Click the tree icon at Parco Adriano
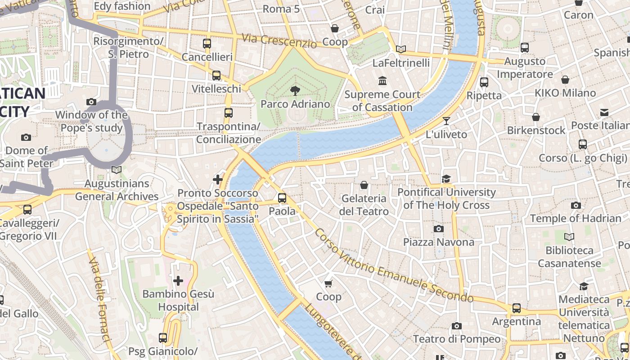click(295, 91)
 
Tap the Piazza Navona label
click(438, 242)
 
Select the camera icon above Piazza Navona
click(438, 229)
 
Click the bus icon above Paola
click(282, 198)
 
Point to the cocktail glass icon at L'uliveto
click(446, 121)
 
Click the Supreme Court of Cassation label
click(382, 101)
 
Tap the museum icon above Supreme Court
click(382, 81)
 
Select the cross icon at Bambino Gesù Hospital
click(178, 281)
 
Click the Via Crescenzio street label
click(279, 41)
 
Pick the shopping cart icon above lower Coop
click(328, 283)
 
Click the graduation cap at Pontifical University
click(446, 179)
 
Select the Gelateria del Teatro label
click(364, 205)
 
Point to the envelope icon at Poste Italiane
click(604, 112)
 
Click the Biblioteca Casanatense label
click(569, 256)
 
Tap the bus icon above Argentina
click(517, 308)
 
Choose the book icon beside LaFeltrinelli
click(400, 49)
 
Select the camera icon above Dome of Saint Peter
click(26, 137)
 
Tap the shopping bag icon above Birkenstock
click(535, 117)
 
